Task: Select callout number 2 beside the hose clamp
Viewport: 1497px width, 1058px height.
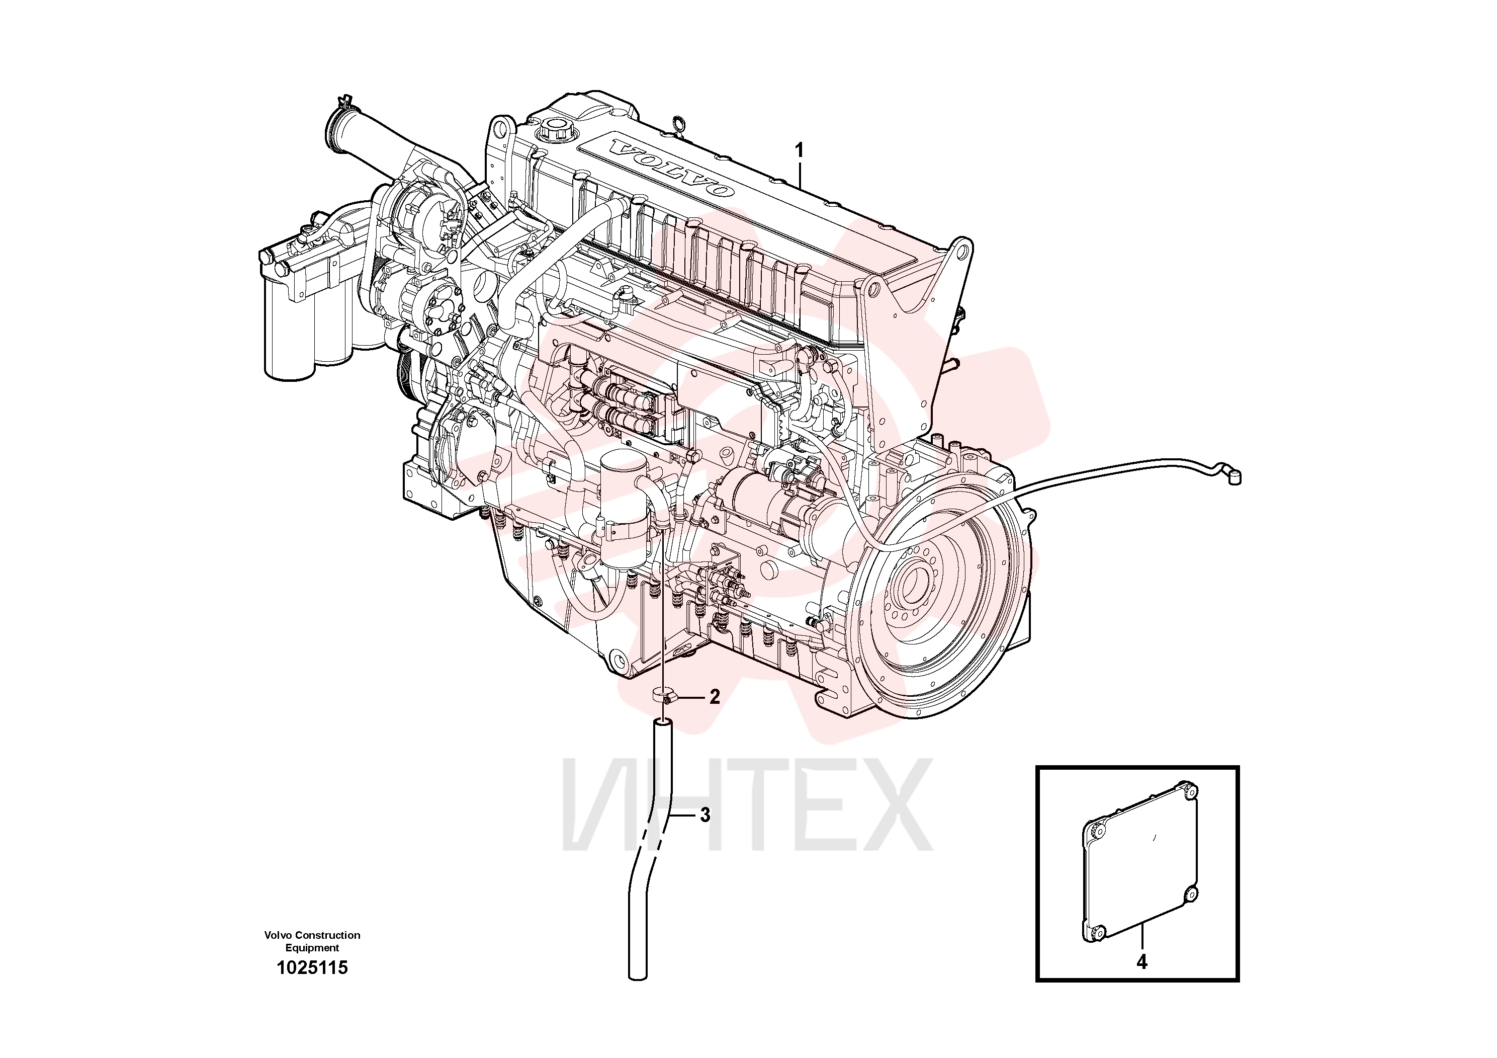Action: pyautogui.click(x=715, y=697)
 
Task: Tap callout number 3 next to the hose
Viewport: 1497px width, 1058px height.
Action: pyautogui.click(x=705, y=816)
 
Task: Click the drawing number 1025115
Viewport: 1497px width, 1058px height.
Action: pyautogui.click(x=312, y=968)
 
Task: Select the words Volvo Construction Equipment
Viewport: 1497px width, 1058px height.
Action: pyautogui.click(x=312, y=941)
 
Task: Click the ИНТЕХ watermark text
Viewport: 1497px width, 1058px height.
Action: pyautogui.click(x=747, y=805)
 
